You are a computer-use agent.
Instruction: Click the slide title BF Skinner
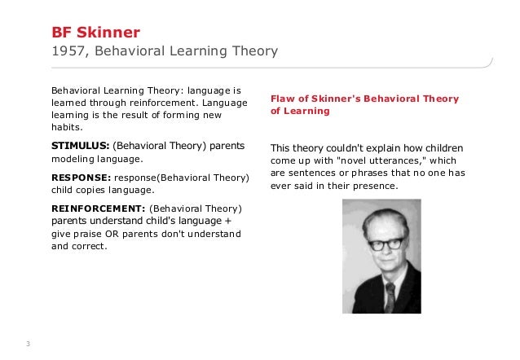coord(96,33)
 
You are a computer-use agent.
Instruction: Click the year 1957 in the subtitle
coord(68,52)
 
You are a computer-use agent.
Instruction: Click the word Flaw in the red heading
coord(282,99)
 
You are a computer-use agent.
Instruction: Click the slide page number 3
coord(28,343)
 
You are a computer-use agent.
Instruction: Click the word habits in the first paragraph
coord(65,129)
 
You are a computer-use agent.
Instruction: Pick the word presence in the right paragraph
coord(377,187)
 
